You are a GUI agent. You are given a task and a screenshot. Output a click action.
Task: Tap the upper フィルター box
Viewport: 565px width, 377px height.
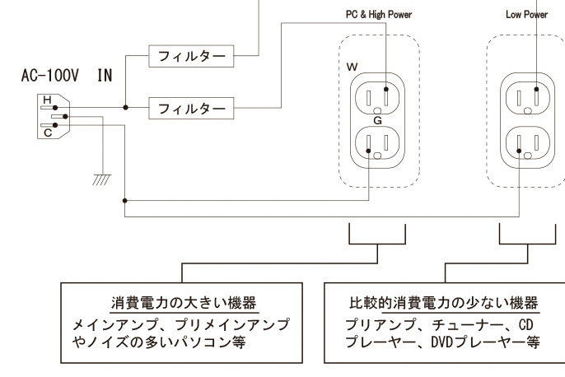point(190,58)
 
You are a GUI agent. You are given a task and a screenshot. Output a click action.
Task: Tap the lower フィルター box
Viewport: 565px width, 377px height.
point(190,107)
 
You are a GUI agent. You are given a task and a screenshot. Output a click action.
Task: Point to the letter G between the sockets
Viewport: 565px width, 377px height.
point(377,120)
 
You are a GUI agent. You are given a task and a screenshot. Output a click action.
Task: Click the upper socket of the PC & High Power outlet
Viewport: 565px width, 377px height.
point(378,98)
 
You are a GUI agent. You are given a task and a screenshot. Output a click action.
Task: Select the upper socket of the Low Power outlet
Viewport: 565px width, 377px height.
point(526,98)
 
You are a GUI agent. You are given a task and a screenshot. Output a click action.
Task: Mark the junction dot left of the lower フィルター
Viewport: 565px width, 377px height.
point(125,107)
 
